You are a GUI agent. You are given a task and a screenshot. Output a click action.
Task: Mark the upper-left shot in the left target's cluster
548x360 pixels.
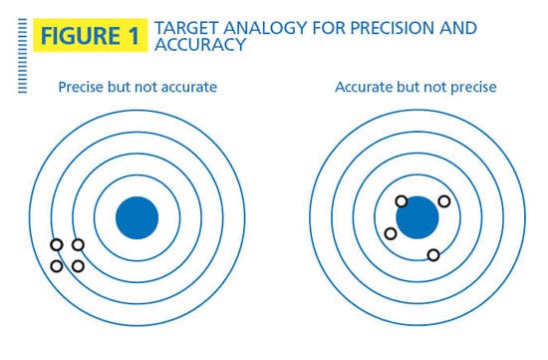(57, 244)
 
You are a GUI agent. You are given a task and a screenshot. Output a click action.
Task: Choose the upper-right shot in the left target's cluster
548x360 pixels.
(78, 244)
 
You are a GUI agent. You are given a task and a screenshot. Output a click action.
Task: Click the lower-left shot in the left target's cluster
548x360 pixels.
(57, 265)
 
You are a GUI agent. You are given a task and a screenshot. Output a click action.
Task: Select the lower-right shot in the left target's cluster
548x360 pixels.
(78, 265)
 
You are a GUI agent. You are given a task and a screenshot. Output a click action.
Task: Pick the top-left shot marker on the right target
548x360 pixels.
(402, 201)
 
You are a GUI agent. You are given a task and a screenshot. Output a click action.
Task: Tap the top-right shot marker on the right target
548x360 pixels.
(443, 201)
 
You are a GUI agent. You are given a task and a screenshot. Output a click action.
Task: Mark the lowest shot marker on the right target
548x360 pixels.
(433, 254)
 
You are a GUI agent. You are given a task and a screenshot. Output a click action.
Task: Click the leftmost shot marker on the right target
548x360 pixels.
(391, 233)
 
